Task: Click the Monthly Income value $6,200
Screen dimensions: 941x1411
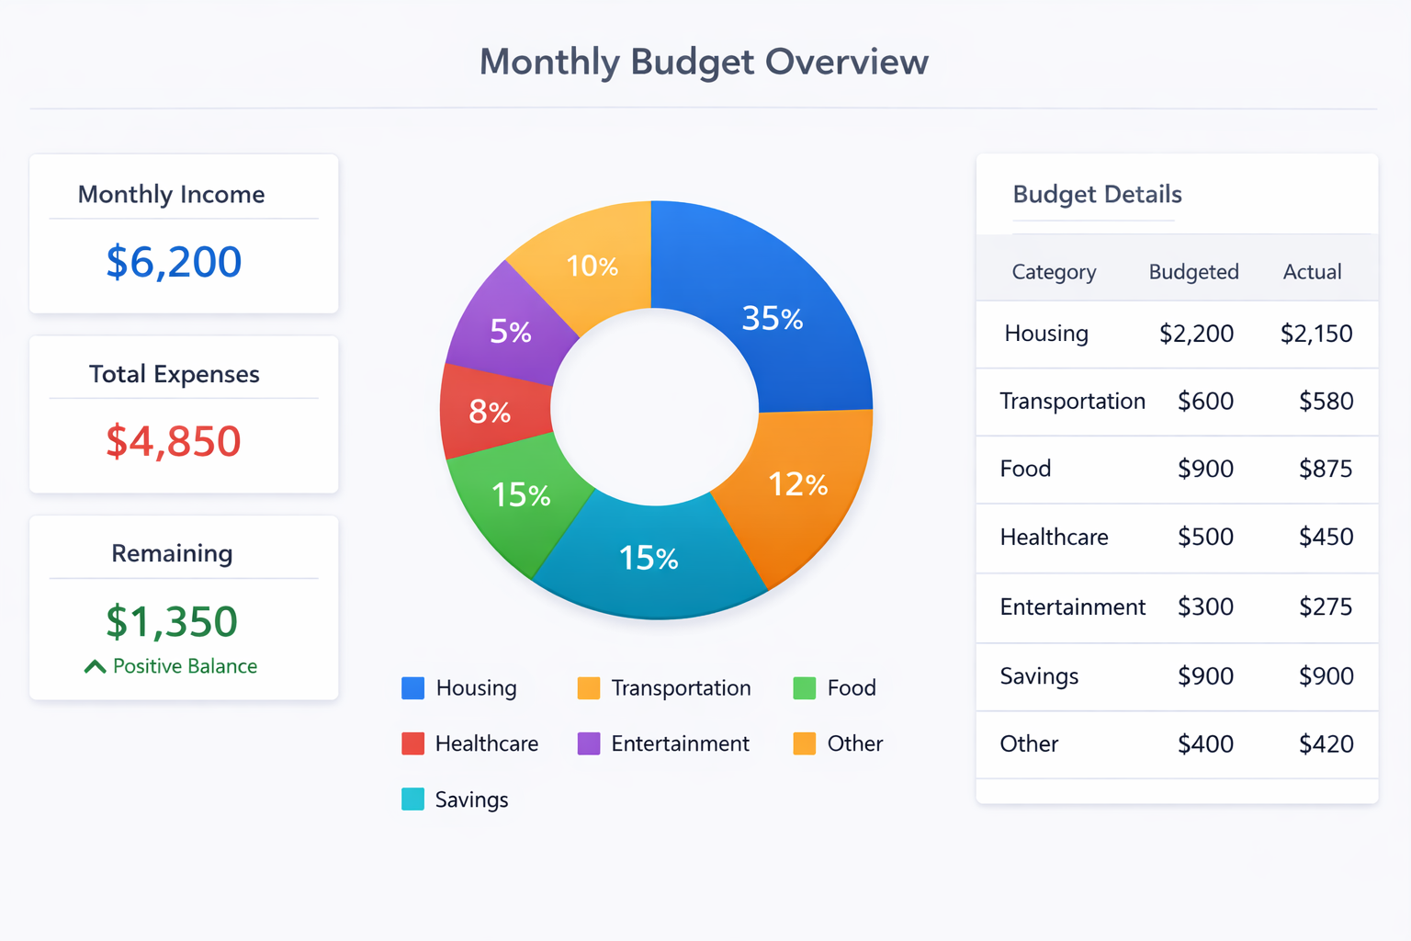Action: pyautogui.click(x=174, y=262)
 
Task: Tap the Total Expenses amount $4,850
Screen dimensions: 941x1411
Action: pyautogui.click(x=174, y=441)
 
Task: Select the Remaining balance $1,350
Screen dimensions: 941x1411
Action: pyautogui.click(x=172, y=622)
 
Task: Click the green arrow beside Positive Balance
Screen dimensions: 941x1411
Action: pyautogui.click(x=95, y=666)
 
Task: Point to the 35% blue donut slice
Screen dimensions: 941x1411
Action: pyautogui.click(x=772, y=318)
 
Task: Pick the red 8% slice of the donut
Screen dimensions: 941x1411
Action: pyautogui.click(x=490, y=412)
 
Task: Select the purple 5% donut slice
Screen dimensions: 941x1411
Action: pyautogui.click(x=510, y=331)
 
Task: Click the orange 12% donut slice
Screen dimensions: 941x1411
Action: pyautogui.click(x=797, y=484)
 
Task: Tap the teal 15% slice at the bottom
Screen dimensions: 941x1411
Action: pyautogui.click(x=649, y=558)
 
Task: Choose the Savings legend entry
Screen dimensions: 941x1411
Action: pyautogui.click(x=470, y=799)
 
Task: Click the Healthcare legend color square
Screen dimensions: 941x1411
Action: pyautogui.click(x=412, y=743)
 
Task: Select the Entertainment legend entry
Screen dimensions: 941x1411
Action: pyautogui.click(x=680, y=743)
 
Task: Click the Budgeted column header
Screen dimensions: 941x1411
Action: pyautogui.click(x=1193, y=272)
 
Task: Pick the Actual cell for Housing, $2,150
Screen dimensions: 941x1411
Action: pyautogui.click(x=1315, y=334)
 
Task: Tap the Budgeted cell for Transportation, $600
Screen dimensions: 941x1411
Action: pyautogui.click(x=1205, y=402)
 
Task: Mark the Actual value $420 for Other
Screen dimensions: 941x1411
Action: pyautogui.click(x=1326, y=744)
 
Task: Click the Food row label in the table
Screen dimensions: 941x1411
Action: pyautogui.click(x=1025, y=469)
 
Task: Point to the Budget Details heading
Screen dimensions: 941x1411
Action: pyautogui.click(x=1097, y=195)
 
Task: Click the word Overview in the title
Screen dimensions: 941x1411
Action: pyautogui.click(x=846, y=62)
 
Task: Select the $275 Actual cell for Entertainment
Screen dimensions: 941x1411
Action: pyautogui.click(x=1326, y=607)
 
